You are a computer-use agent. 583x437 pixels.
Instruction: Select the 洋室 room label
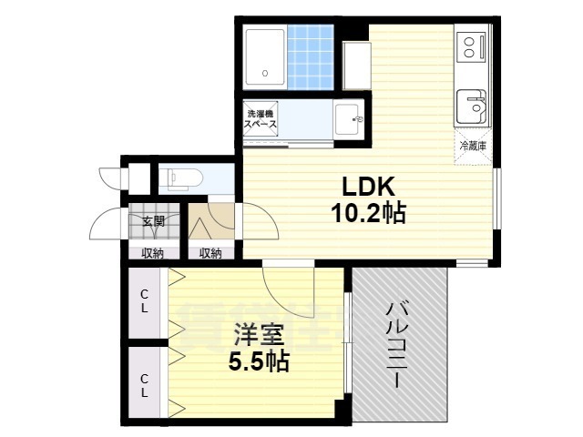coord(259,333)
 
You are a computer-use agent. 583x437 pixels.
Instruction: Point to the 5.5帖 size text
coord(259,361)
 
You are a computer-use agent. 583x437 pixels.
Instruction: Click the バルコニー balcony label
coord(397,345)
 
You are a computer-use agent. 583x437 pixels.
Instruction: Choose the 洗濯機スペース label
coord(261,122)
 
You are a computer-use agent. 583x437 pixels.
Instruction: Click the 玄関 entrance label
coord(152,220)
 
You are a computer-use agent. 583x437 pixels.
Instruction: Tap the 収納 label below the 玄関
coord(152,253)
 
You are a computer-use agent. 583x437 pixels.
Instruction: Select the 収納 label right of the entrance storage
coord(211,253)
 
